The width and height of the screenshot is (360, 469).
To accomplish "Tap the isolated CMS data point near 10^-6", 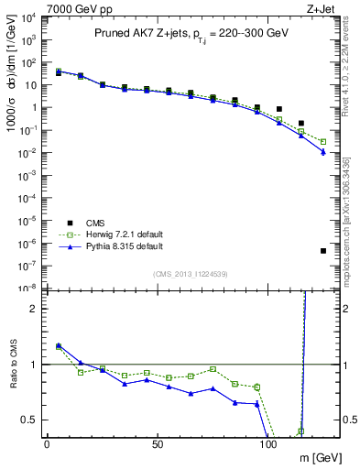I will (323, 251).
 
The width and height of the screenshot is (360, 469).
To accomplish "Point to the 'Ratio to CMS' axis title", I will (13, 376).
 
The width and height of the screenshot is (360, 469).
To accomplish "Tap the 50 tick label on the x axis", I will (158, 442).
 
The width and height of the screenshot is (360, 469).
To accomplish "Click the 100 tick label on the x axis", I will (268, 442).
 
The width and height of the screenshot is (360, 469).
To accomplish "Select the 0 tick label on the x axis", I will (47, 442).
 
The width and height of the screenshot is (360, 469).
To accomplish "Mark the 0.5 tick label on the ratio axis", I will (29, 420).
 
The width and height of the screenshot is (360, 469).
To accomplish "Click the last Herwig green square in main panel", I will (323, 142).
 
